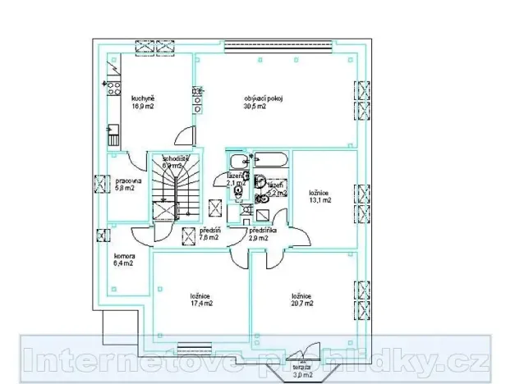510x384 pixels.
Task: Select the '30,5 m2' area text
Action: click(x=254, y=107)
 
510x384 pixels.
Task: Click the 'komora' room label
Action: click(x=125, y=256)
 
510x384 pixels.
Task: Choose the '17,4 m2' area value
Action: click(x=200, y=304)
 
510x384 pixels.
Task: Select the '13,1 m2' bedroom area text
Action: click(x=319, y=199)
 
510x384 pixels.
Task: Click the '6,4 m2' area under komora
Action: click(x=124, y=264)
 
